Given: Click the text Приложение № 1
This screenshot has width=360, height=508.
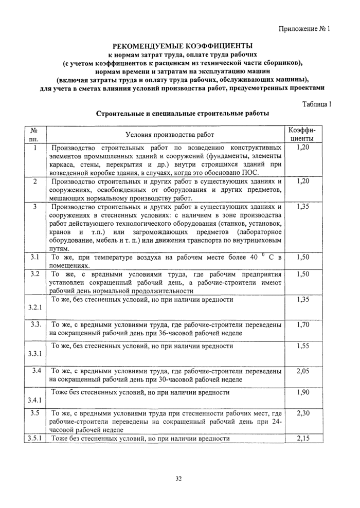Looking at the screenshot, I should pos(307,29).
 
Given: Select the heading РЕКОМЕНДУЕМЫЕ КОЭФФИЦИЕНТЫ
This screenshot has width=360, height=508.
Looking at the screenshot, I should pos(179,45).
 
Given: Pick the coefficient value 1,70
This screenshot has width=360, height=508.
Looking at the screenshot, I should pos(303,325).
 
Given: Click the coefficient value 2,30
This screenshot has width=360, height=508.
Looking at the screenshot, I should pos(303,413).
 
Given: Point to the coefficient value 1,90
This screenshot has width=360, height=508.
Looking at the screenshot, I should pos(303,392).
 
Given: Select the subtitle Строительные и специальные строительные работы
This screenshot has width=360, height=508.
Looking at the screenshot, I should pos(179,113).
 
